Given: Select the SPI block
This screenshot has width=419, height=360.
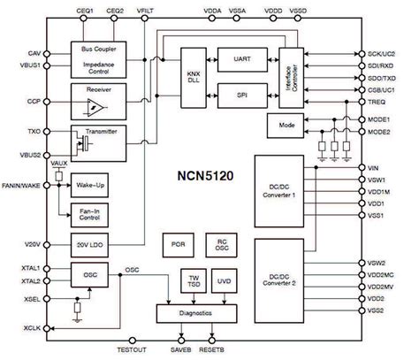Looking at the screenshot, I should point(241,92).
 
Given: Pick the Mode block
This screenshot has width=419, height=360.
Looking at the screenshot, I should point(286,126).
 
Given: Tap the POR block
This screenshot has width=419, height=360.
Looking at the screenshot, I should point(177,243).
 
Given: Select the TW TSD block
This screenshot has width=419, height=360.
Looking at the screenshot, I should point(193,279).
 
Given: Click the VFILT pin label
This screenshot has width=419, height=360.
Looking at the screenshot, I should point(144,10).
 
